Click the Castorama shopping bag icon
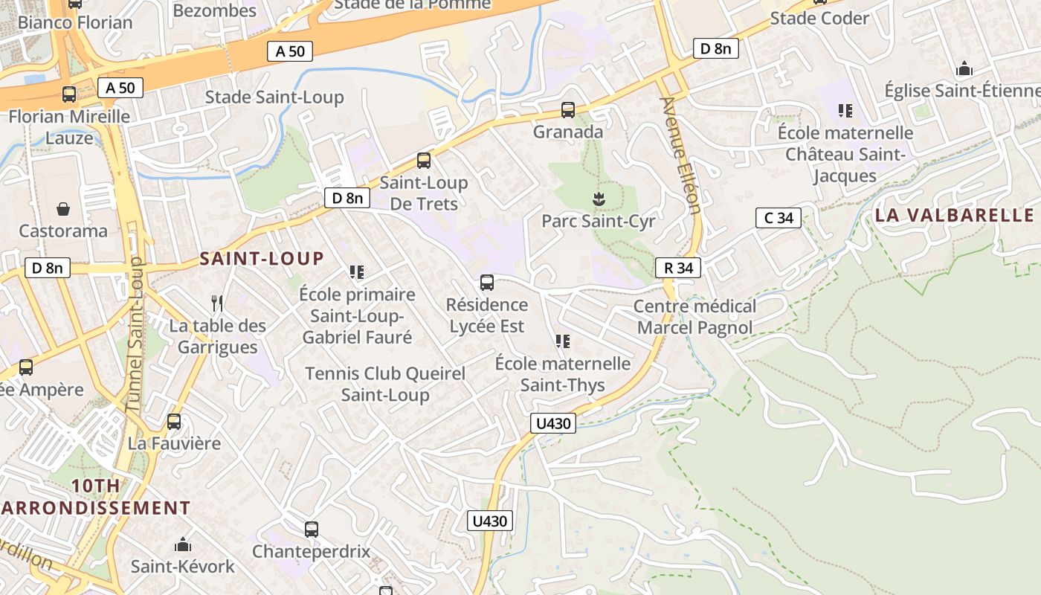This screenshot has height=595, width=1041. coord(63,209)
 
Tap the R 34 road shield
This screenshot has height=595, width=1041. coord(678,268)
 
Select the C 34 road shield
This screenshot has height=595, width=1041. coord(779,218)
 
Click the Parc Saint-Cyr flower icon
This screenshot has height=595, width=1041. coord(598,199)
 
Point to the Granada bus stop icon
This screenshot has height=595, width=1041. coord(568,110)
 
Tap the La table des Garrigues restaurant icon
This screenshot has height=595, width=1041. coord(217,303)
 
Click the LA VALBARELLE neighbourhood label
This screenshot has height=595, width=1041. coord(954,216)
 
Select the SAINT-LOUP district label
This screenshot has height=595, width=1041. coord(262,259)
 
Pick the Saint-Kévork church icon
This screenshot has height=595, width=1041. coord(183,544)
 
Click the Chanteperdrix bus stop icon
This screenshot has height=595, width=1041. coord(312,530)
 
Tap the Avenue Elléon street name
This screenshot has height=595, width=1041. coord(680,155)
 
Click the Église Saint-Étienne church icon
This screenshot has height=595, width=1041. coord(964,69)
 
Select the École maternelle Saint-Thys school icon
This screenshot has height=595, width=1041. coord(563,341)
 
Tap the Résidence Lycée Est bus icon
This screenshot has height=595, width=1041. coord(487,283)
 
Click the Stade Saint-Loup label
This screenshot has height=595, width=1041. coord(274,97)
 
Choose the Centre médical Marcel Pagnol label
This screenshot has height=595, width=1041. coord(694,317)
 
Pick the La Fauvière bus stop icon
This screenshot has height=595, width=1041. coord(174,422)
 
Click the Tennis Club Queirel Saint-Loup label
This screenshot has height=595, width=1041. coord(385,384)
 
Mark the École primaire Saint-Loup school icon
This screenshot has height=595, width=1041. coord(357,272)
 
